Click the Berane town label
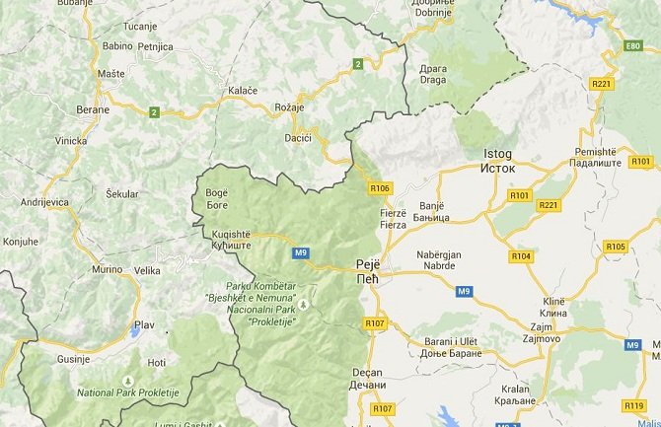(95, 109)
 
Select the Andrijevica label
(46, 201)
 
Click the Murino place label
(107, 269)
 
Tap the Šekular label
(122, 194)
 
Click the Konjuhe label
(21, 240)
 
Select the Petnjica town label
(156, 46)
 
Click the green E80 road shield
(633, 46)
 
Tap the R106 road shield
(381, 187)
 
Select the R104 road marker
(521, 256)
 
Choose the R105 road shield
(616, 247)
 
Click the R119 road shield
(633, 405)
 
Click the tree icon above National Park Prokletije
(126, 380)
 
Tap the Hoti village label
(156, 362)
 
